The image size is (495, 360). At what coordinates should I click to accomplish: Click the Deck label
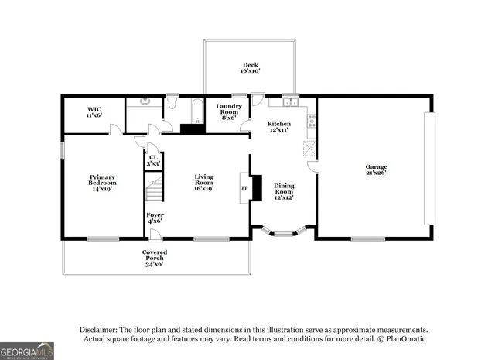pyautogui.click(x=251, y=65)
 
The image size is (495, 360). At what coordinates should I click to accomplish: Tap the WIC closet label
pyautogui.click(x=94, y=109)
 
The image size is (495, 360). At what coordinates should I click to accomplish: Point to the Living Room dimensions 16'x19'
pyautogui.click(x=203, y=188)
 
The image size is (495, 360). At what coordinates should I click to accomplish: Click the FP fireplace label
pyautogui.click(x=245, y=187)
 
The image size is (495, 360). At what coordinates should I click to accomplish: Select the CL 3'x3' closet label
pyautogui.click(x=153, y=161)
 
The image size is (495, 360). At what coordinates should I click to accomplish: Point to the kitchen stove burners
pyautogui.click(x=311, y=120)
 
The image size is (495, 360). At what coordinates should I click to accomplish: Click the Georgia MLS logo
pyautogui.click(x=27, y=351)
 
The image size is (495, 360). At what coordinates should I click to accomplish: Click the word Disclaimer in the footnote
pyautogui.click(x=99, y=329)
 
